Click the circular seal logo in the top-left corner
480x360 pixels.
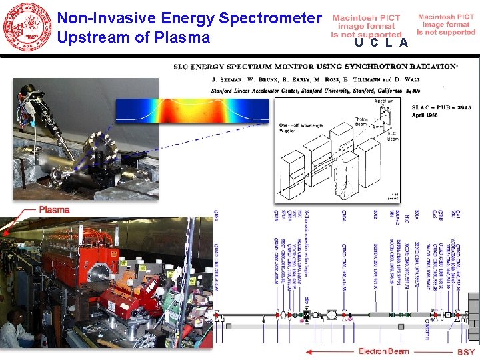(x=28, y=27)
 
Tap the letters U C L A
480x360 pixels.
(x=381, y=43)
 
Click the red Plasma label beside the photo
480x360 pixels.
(x=54, y=209)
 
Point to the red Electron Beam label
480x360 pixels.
(x=383, y=351)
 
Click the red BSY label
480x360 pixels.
(x=466, y=352)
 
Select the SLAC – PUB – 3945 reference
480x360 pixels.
(x=413, y=107)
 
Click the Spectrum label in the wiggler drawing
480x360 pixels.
(x=383, y=101)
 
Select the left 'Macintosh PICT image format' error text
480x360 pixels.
(x=366, y=26)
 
